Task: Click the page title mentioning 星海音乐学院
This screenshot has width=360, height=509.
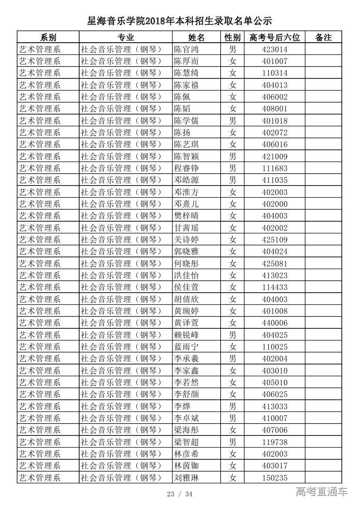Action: click(179, 21)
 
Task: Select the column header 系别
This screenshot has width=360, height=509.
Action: click(48, 37)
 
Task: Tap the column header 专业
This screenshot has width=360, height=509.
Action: click(126, 37)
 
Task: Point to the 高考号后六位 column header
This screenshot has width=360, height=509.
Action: click(275, 37)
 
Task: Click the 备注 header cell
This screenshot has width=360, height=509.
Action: click(323, 37)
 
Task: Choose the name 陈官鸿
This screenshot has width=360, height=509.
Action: click(186, 50)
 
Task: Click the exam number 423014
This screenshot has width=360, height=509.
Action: click(275, 50)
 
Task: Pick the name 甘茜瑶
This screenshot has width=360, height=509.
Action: click(186, 228)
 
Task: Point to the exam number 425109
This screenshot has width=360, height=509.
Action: click(275, 239)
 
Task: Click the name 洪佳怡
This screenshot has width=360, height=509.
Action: click(186, 275)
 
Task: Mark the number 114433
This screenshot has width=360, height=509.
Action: click(275, 287)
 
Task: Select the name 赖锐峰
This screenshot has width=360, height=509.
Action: click(186, 335)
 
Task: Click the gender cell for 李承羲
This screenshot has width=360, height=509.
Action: click(233, 358)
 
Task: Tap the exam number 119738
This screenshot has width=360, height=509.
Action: click(275, 442)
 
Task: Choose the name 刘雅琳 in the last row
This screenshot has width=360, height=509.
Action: click(186, 478)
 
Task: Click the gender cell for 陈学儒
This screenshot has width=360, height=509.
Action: click(233, 121)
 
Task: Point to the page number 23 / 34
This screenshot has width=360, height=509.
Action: click(179, 494)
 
